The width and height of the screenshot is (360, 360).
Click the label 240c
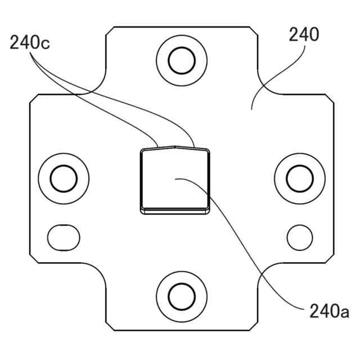30,43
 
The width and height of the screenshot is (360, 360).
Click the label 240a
329,310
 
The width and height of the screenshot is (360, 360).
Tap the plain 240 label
304,35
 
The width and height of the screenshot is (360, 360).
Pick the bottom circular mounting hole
181,295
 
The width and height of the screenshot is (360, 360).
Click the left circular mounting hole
63,179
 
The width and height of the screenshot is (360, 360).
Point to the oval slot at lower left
63,237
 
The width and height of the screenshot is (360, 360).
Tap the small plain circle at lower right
299,237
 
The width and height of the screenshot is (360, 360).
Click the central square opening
174,180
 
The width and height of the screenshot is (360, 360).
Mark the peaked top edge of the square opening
174,148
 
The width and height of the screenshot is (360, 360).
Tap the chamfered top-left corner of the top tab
110,29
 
